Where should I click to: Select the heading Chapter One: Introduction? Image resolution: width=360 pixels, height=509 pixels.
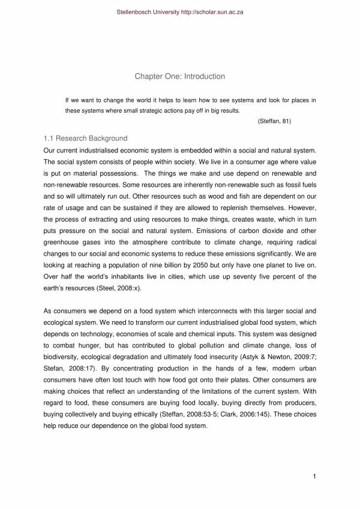pos(179,76)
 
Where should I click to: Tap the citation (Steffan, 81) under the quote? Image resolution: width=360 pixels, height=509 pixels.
pos(274,121)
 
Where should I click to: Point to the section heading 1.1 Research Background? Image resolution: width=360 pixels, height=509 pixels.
pos(86,138)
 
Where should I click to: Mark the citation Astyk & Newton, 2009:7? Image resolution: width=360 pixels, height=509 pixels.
pos(281,357)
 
